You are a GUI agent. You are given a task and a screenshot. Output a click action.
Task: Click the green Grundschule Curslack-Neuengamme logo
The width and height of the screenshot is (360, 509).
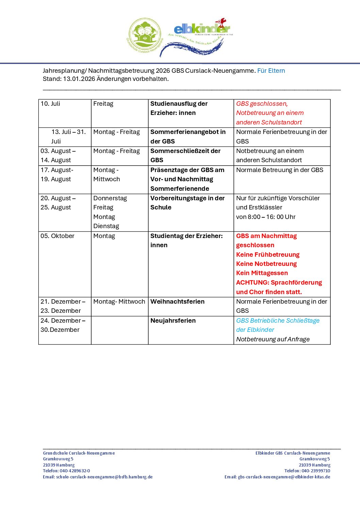(x=144, y=35)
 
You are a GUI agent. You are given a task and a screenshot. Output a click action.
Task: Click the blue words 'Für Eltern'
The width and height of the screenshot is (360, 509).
(x=271, y=71)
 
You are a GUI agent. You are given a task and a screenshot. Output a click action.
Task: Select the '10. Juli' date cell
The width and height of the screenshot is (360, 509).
(x=50, y=104)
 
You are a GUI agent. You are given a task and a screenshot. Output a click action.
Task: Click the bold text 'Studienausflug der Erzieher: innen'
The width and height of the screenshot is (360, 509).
(x=179, y=108)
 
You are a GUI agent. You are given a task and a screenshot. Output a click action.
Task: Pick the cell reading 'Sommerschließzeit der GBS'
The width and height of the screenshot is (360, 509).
(x=185, y=155)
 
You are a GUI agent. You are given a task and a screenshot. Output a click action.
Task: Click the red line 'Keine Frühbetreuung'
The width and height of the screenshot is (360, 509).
(x=268, y=255)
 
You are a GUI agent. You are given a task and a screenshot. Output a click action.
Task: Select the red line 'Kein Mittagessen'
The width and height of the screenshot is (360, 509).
(x=262, y=273)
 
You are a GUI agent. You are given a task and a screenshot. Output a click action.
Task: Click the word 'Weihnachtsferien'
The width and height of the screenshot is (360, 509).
(x=178, y=302)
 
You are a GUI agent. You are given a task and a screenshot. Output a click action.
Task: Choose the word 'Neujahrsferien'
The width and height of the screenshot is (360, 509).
(x=173, y=321)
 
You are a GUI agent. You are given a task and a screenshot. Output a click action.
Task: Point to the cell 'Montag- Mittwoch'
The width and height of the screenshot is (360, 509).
(x=119, y=302)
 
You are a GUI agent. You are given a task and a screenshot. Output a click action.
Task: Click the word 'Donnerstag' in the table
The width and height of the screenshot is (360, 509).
(x=110, y=198)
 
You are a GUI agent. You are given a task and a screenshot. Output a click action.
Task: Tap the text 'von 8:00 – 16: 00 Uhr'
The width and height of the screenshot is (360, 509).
(x=266, y=217)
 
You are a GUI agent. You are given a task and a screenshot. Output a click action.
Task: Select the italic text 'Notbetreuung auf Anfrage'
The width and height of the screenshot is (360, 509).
(x=273, y=339)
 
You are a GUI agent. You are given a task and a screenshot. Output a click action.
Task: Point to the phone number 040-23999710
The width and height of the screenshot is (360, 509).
(x=316, y=471)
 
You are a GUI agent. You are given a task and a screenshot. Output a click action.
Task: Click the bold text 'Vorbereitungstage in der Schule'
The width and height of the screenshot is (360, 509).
(x=187, y=203)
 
